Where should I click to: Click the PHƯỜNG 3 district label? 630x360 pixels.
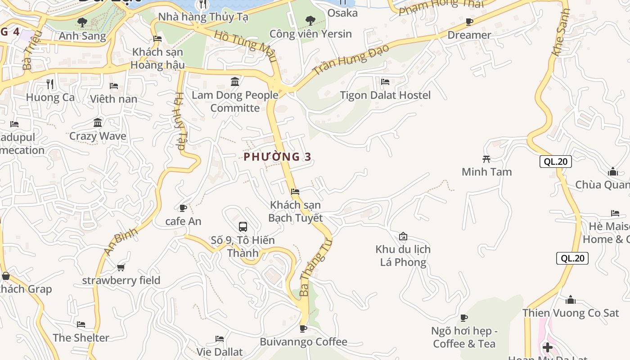(x=277, y=157)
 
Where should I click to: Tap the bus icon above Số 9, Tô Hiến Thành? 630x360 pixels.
(x=243, y=227)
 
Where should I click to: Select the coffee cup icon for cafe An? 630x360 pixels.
(x=183, y=208)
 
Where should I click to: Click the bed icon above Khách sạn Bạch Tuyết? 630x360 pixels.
(x=295, y=192)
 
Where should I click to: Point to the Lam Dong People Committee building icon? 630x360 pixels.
(x=235, y=81)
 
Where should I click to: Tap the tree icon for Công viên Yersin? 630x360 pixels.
(x=310, y=20)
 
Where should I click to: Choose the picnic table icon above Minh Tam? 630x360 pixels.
(x=486, y=158)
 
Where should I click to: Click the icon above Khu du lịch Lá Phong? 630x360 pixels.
(x=403, y=236)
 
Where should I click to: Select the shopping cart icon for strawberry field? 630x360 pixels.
(x=121, y=268)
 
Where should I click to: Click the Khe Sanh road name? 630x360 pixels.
(x=561, y=32)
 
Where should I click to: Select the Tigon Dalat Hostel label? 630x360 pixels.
(x=385, y=95)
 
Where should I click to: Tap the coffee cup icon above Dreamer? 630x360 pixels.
(x=469, y=22)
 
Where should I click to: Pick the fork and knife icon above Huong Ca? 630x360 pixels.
(x=50, y=84)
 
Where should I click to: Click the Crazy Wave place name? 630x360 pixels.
(x=98, y=136)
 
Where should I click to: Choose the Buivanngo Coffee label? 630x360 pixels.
(x=304, y=342)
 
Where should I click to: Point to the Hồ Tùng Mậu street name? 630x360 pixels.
(x=245, y=46)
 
